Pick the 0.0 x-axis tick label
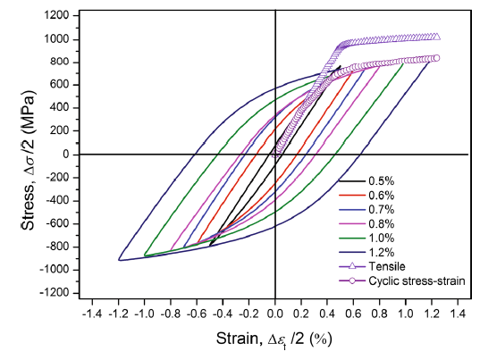[275, 316]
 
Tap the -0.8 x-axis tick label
[170, 316]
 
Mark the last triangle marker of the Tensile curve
[435, 37]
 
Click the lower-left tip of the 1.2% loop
[119, 260]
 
